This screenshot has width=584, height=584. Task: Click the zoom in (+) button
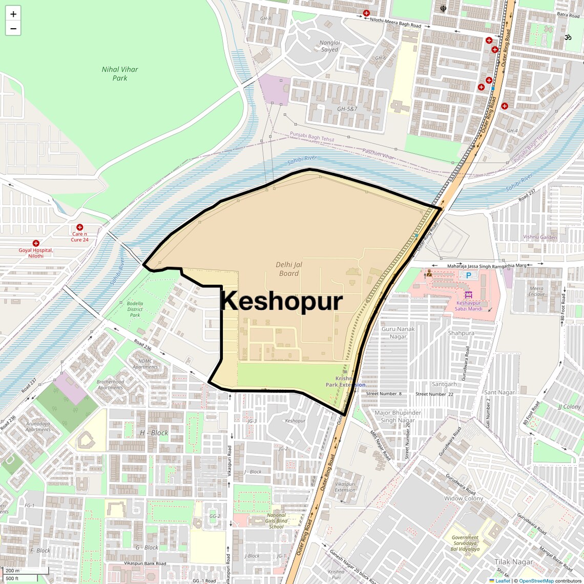point(13,14)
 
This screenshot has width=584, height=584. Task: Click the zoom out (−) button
point(13,29)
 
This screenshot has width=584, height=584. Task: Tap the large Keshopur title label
point(281,301)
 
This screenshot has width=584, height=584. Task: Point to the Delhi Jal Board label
point(289,269)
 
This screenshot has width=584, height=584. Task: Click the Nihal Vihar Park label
point(120,74)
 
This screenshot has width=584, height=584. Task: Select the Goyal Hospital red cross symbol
point(36,243)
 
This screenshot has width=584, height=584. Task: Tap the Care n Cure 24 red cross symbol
point(79,227)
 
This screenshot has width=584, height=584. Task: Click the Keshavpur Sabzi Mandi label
point(468,306)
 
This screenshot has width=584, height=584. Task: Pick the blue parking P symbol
point(468,275)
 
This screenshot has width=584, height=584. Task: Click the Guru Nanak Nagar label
point(398,332)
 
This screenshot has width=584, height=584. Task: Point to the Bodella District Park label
point(135,309)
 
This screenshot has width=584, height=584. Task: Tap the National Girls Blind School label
point(276,521)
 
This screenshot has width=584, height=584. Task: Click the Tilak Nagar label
point(514,562)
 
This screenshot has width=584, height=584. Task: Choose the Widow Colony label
point(464,498)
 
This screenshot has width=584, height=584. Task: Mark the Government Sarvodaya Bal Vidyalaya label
point(465,543)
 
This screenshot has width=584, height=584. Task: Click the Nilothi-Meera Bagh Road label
point(395,22)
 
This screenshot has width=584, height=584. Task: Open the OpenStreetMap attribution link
point(536,580)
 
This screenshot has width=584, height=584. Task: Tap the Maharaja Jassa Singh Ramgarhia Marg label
point(487,266)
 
